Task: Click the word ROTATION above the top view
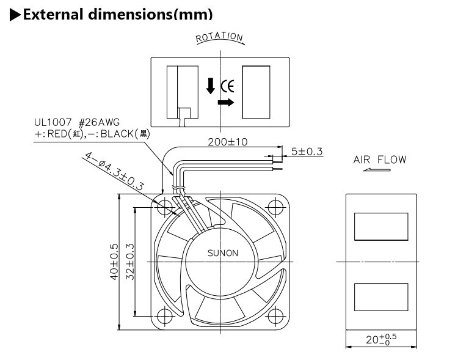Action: (x=219, y=39)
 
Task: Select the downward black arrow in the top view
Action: (x=210, y=85)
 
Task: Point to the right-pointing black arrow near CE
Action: (x=225, y=103)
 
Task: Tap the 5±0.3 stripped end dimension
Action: (x=307, y=150)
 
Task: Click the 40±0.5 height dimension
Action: (x=114, y=262)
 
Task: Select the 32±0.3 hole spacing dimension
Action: (x=129, y=262)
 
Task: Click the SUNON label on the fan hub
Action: (x=223, y=253)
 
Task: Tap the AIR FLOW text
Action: (x=379, y=160)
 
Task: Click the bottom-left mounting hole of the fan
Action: (x=165, y=317)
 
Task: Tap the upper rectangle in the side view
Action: (x=381, y=227)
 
